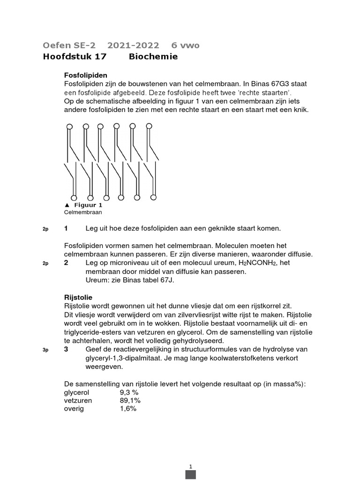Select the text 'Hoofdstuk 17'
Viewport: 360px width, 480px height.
(75, 57)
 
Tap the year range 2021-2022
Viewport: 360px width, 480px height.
(133, 45)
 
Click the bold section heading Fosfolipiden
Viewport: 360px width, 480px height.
(85, 75)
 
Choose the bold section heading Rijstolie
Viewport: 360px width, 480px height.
(78, 297)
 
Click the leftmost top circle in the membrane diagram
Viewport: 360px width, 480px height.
(69, 127)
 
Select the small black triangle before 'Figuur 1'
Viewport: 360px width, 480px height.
(67, 205)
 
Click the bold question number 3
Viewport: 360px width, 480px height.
(66, 350)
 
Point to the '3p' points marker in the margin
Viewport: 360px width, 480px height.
(45, 350)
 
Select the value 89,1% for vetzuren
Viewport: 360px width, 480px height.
(130, 400)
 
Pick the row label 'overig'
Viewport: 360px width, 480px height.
(74, 409)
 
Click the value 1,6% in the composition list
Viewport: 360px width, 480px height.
(128, 409)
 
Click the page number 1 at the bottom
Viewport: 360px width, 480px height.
(191, 466)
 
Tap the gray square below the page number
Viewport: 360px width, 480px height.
(191, 475)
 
